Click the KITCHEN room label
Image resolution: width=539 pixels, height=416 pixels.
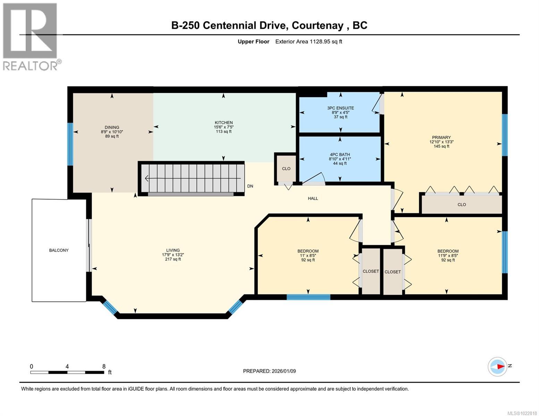pos(224,122)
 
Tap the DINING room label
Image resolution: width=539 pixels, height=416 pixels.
pos(112,127)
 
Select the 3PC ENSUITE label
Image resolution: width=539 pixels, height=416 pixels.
pos(340,108)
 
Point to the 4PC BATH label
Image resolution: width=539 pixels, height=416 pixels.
pos(340,154)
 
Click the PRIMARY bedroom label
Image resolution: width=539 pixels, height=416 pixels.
pos(441,137)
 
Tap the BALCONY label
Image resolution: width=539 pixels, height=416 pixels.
pos(59,250)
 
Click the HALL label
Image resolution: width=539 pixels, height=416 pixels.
pos(313,198)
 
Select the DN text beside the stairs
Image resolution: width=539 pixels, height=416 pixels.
pos(250,186)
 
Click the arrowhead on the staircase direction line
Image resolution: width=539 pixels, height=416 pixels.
pos(146,178)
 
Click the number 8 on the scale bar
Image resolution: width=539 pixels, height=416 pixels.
pos(104,366)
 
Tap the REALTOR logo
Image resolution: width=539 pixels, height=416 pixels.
pos(31,37)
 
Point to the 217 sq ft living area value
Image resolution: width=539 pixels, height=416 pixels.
pos(173,259)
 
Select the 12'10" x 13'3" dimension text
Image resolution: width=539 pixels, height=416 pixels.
pos(441,142)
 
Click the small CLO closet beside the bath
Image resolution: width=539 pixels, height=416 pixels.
pos(286,169)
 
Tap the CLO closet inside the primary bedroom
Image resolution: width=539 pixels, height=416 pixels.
pos(462,205)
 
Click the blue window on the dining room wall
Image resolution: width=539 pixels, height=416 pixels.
pos(70,144)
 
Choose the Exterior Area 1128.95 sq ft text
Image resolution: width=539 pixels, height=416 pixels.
pos(309,41)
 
